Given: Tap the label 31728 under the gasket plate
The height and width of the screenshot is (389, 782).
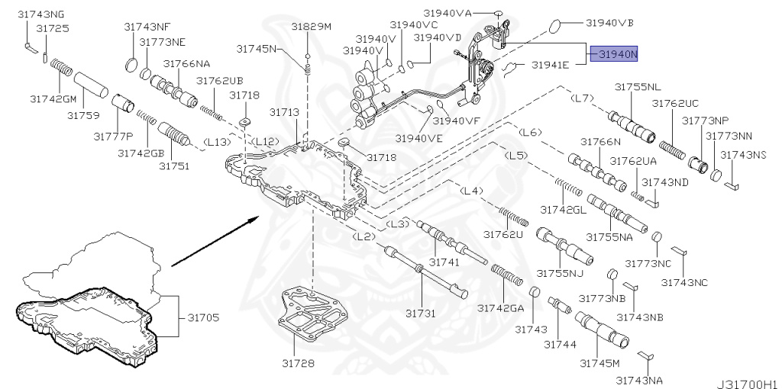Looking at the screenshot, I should point(298,363).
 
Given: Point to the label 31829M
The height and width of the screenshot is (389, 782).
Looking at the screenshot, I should point(311,27).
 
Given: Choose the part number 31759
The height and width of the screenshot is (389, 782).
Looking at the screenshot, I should point(83,116).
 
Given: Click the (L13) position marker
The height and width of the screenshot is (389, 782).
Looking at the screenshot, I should point(217,141).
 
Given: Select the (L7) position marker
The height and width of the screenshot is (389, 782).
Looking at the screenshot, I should point(583,98).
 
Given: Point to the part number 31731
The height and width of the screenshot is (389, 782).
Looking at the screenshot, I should point(421,313).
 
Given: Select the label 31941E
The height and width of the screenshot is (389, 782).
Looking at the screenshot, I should point(550,66).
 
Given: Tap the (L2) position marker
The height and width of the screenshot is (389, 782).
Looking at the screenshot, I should point(364,237).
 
